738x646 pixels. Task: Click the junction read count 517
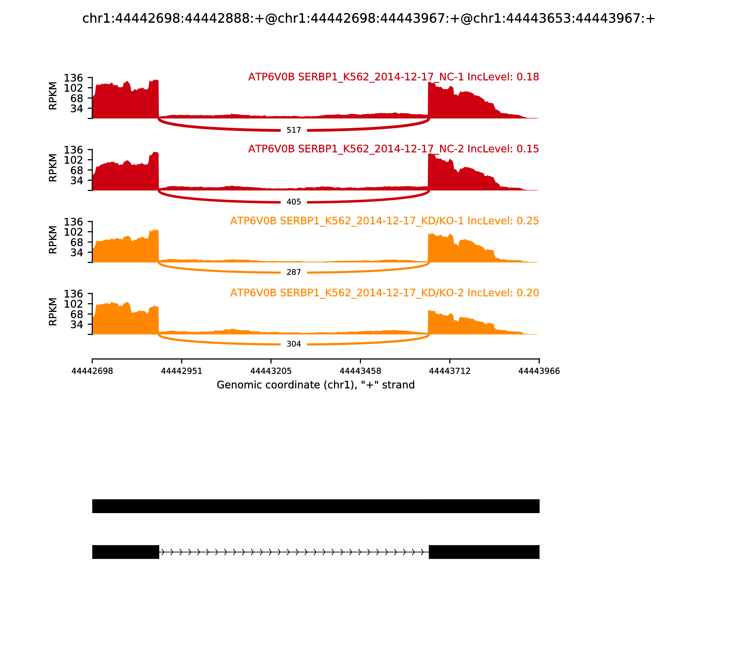pos(294,130)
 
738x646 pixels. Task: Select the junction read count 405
pos(294,202)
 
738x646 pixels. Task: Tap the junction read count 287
pos(294,272)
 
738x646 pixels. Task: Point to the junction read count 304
pos(294,344)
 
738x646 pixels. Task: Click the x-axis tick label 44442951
pos(182,371)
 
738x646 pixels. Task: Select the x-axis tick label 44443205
pos(271,371)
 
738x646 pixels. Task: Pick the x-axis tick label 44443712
pos(450,371)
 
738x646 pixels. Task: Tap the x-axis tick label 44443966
pos(539,371)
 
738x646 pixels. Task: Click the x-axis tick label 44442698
pos(92,371)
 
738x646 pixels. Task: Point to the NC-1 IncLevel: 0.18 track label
pos(393,77)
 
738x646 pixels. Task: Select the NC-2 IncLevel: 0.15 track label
pos(393,149)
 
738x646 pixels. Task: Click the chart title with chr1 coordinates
pos(369,18)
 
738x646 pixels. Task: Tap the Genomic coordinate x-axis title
pos(316,385)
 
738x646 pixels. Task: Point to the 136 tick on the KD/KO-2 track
pos(74,294)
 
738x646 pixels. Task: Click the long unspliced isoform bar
pos(316,506)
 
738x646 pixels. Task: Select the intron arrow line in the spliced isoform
pos(294,552)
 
